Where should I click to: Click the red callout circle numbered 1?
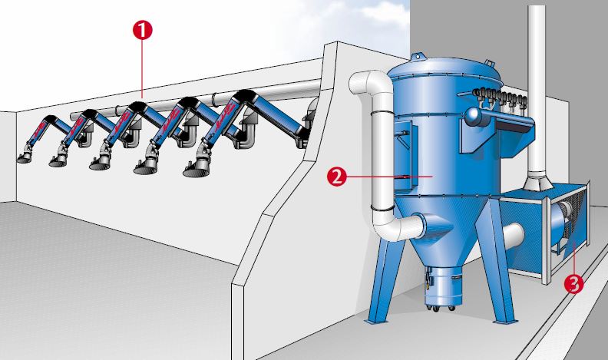click(142, 30)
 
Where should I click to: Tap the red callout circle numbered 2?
click(336, 177)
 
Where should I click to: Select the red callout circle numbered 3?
click(573, 283)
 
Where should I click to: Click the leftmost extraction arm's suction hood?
click(25, 157)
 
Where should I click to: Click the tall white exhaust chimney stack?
click(537, 97)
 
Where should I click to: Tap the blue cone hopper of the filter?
click(444, 233)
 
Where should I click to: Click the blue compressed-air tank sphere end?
click(473, 115)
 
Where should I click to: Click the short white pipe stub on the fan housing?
click(514, 236)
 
